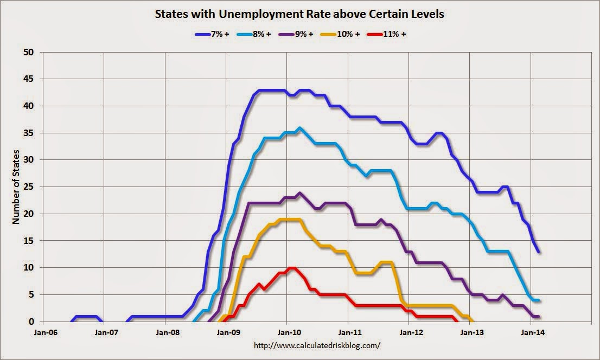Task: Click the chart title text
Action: pos(299,14)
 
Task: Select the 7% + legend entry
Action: pos(212,34)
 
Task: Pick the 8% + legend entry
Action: pos(254,34)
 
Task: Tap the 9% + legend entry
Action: pos(298,34)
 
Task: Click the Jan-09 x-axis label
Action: pos(227,332)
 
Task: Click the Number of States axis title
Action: pos(16,187)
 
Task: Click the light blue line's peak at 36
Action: pos(300,128)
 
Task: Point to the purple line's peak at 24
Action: pos(300,192)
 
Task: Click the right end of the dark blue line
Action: pos(538,252)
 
